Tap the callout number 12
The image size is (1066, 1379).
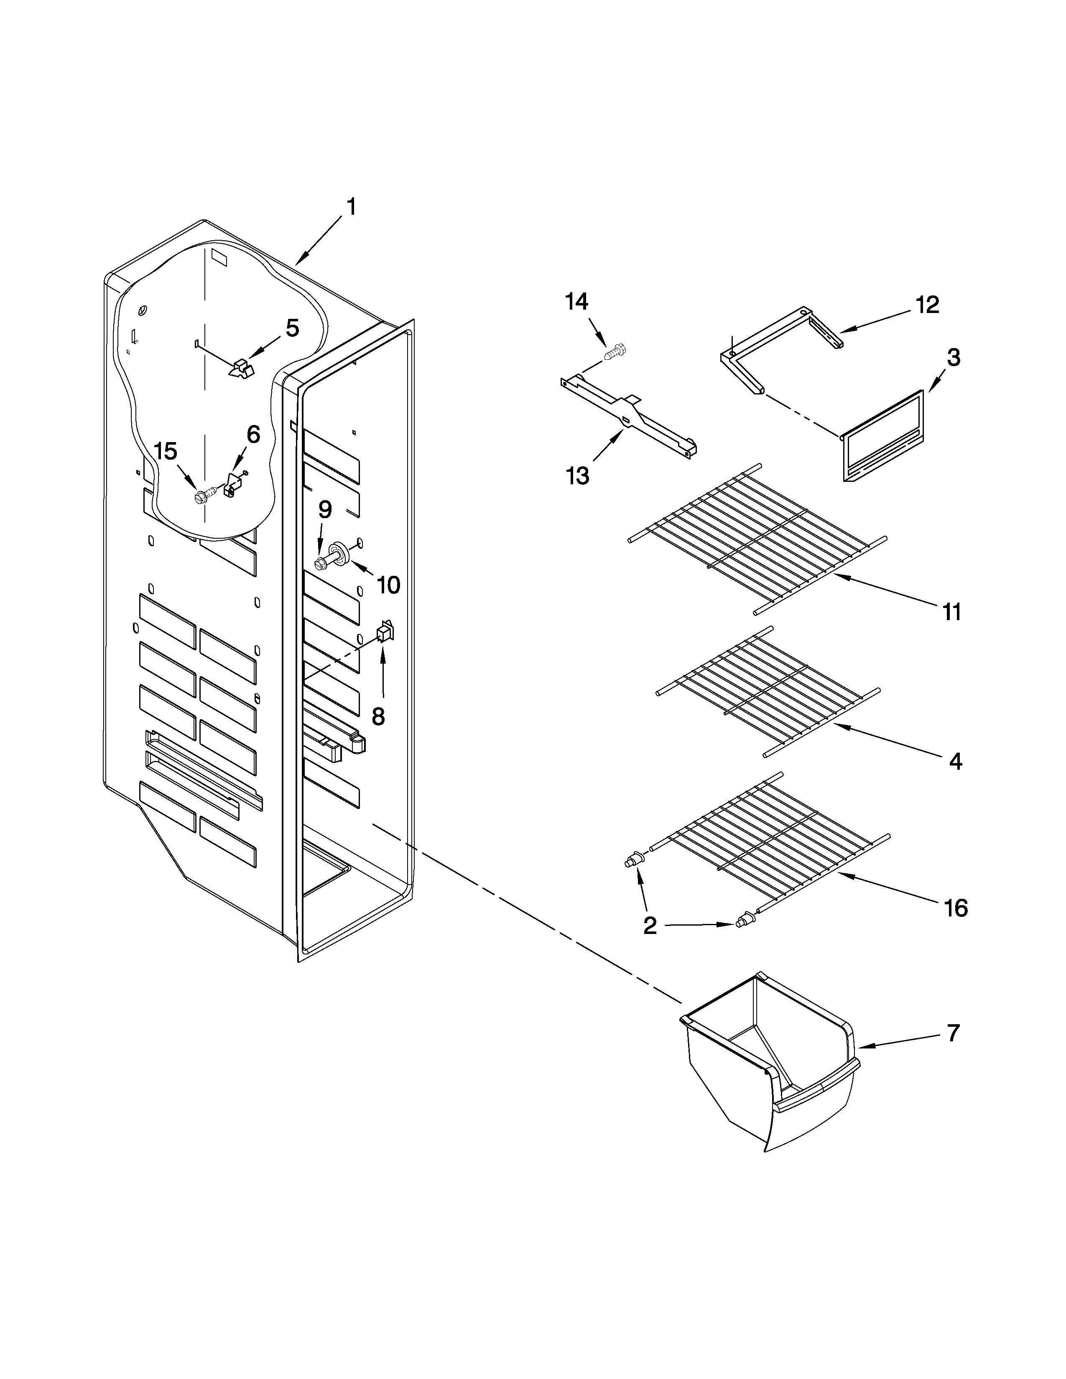pyautogui.click(x=927, y=305)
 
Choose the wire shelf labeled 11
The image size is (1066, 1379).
pyautogui.click(x=758, y=537)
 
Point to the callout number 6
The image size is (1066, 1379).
pyautogui.click(x=252, y=435)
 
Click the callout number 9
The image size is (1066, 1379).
pyautogui.click(x=324, y=509)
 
